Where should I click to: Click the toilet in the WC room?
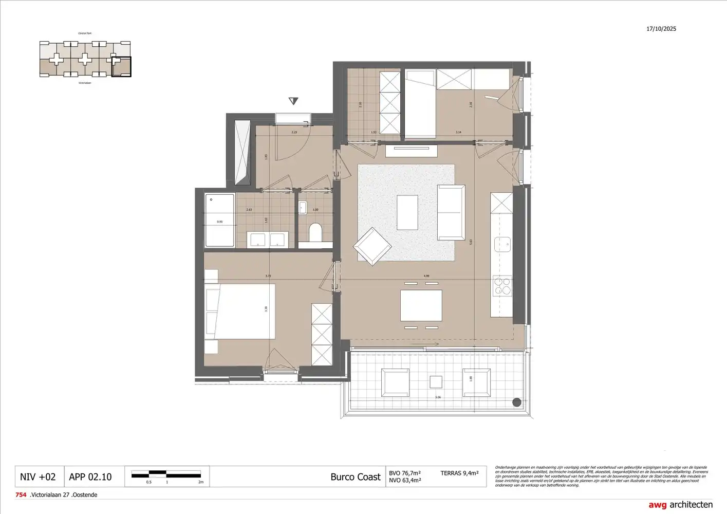tap(315, 232)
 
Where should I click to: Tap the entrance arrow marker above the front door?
tap(293, 101)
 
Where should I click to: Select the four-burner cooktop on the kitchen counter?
tap(502, 286)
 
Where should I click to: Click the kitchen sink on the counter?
tap(502, 244)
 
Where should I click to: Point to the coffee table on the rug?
tap(407, 212)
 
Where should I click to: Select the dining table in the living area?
tap(421, 305)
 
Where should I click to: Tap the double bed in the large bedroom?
tap(240, 311)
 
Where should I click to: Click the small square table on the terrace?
tap(436, 382)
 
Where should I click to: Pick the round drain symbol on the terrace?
tap(517, 402)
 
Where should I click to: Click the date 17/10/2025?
tap(661, 29)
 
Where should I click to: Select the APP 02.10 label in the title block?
tap(90, 477)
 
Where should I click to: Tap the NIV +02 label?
tap(38, 477)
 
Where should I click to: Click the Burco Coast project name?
tap(355, 477)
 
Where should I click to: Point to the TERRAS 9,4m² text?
tap(459, 473)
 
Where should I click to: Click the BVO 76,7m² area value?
tap(405, 473)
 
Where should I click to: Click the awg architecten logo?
tap(680, 505)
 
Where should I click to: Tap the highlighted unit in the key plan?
tap(121, 67)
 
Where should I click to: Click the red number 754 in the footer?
tap(21, 495)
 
